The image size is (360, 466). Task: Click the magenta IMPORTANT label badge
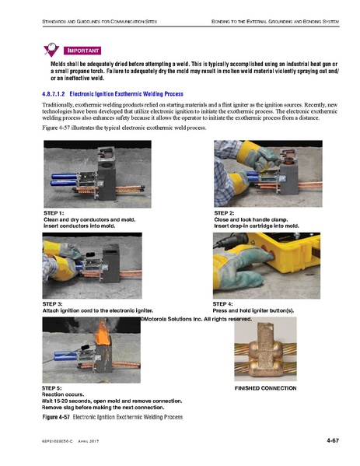(82, 51)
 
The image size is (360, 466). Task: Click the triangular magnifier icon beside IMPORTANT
(51, 49)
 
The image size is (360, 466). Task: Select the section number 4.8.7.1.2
(54, 94)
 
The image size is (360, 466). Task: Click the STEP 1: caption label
(54, 213)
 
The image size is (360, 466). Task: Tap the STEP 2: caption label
(224, 213)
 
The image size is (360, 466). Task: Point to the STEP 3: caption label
(53, 304)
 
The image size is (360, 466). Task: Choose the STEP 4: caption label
(223, 304)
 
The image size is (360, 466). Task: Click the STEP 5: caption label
(51, 388)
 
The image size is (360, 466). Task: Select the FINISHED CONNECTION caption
(266, 388)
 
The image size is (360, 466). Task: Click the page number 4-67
(333, 440)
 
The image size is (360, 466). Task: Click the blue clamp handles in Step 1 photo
(64, 180)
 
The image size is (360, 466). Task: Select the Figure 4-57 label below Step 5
(56, 417)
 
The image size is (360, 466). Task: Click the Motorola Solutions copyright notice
(197, 319)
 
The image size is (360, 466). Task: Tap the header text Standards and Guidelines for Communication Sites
(100, 22)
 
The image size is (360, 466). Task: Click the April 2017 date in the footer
(88, 441)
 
